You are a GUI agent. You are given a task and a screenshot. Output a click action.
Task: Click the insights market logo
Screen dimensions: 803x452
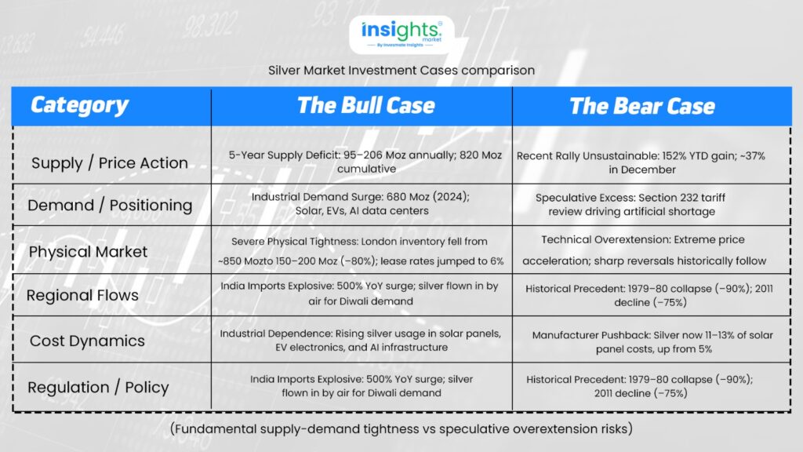(x=401, y=35)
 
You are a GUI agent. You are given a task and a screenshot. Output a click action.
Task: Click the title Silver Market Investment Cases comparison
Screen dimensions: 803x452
(x=401, y=70)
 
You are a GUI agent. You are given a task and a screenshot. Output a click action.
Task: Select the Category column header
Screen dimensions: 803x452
(x=79, y=105)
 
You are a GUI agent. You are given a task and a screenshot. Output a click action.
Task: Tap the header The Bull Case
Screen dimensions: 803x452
(x=365, y=106)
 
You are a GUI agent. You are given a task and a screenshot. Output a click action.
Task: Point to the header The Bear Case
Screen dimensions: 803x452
(x=642, y=106)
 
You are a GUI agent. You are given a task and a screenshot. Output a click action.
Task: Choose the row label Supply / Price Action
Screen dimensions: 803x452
(x=110, y=163)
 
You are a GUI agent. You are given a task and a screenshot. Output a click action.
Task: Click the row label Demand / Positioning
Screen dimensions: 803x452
(x=110, y=205)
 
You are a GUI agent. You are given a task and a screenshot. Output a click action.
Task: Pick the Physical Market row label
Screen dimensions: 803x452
(x=88, y=252)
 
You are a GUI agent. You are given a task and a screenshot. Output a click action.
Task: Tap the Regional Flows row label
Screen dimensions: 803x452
(x=82, y=295)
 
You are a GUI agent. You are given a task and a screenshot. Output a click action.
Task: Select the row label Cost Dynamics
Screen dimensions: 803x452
(x=87, y=341)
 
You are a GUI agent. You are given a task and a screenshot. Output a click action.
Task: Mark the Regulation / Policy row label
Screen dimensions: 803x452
(x=98, y=388)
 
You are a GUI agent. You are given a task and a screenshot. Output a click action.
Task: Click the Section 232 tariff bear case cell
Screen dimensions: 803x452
(x=631, y=205)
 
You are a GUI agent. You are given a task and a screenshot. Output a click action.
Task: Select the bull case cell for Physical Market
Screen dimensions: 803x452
(x=361, y=251)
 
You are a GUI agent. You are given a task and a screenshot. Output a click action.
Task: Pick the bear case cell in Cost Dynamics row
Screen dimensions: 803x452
(x=652, y=342)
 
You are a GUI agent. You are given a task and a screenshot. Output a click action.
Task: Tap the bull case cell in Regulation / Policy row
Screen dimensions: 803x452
(x=362, y=386)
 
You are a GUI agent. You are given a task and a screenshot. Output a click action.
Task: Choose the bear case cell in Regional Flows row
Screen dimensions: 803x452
(x=649, y=295)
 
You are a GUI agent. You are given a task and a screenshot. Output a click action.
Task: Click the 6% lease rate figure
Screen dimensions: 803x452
(x=496, y=261)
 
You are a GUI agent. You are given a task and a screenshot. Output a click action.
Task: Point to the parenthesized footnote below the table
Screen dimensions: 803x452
(x=401, y=428)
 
